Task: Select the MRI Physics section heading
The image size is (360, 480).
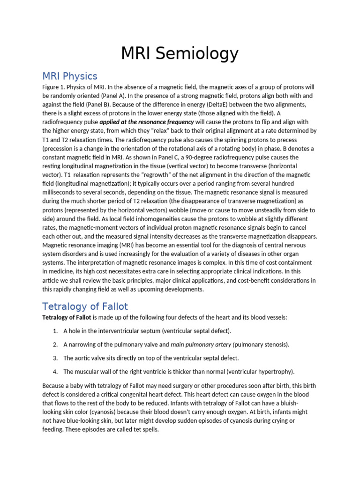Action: (x=69, y=76)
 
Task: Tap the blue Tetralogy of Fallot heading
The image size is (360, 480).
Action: (x=85, y=307)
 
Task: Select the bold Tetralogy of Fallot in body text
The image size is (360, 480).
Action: (x=64, y=317)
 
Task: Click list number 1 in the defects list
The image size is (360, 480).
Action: (x=55, y=331)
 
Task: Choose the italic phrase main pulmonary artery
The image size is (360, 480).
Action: (x=201, y=345)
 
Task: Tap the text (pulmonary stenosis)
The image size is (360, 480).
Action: (x=261, y=345)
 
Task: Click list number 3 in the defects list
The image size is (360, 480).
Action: (x=55, y=358)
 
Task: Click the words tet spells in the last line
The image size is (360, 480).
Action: (x=146, y=429)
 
